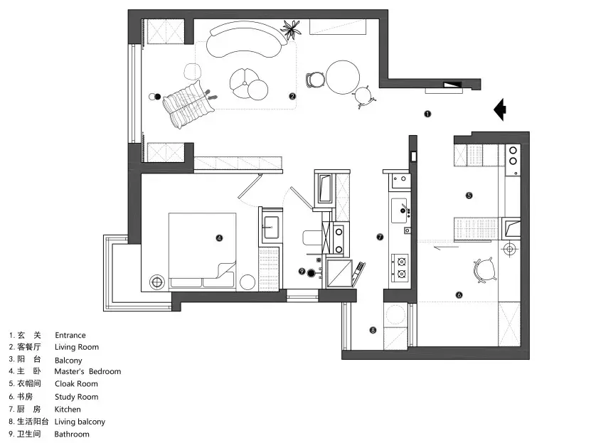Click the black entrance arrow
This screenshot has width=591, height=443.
(501, 110)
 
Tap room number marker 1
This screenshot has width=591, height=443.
(427, 113)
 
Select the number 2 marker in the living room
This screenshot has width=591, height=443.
(292, 96)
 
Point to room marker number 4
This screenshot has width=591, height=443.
(219, 238)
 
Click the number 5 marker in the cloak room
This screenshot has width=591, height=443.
(469, 195)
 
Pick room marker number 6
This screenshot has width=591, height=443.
(459, 294)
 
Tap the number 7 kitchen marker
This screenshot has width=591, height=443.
(380, 237)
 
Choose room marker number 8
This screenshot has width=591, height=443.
(373, 329)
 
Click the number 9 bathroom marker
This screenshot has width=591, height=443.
(302, 271)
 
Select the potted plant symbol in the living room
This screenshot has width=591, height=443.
(290, 29)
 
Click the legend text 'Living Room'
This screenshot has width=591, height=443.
(77, 348)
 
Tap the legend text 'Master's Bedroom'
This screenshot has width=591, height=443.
(87, 372)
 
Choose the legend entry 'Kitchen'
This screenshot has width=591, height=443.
(68, 410)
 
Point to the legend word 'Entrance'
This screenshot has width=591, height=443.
(70, 336)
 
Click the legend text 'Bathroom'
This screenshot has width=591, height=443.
(72, 434)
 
